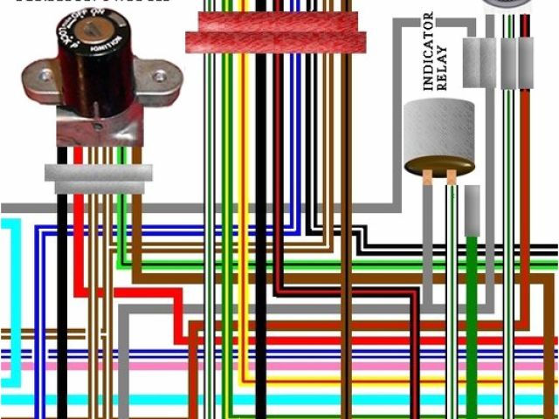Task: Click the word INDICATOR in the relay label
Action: coord(428,52)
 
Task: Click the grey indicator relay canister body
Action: coord(438,135)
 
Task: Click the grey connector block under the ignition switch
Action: coord(98,178)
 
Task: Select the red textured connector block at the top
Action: coord(274,31)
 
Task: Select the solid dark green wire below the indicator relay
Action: coord(472,306)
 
